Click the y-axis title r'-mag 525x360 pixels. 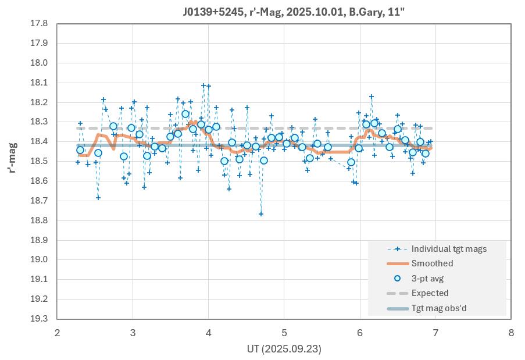pos(12,158)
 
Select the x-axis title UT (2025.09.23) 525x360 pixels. pos(284,349)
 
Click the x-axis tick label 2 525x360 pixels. pos(57,333)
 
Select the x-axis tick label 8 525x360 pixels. pos(511,333)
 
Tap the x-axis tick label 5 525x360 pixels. pos(284,333)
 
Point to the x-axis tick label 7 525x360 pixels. pos(435,333)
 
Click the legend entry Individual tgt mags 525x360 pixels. pos(449,249)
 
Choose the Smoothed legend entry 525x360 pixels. pos(432,263)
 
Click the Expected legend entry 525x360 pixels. pos(430,293)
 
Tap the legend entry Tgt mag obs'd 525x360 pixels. pos(438,308)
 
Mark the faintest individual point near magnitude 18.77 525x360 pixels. pos(261,214)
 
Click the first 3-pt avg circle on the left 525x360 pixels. pos(80,150)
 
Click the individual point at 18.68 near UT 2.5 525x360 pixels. pos(98,198)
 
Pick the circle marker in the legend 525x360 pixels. pos(398,278)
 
